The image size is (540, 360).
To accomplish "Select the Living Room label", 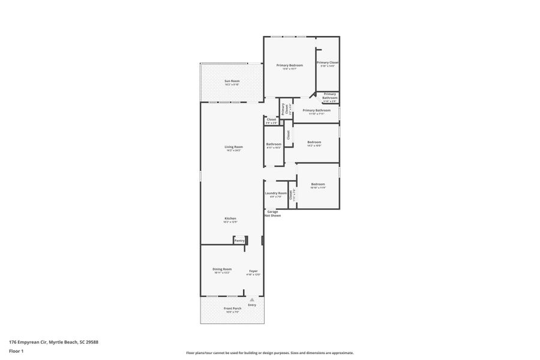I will [x=233, y=148].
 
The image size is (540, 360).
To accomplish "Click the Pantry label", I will [x=239, y=240].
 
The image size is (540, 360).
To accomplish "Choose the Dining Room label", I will [x=222, y=270].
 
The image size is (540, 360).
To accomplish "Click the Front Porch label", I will [x=232, y=310].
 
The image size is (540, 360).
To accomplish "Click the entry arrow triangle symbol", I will [x=252, y=299].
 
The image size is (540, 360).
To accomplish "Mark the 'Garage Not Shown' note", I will [x=273, y=213].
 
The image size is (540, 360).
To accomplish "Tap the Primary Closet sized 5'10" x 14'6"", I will [x=328, y=64].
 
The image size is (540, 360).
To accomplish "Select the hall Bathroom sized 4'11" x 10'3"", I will [x=274, y=145].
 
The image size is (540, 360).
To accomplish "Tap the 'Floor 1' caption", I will [x=16, y=351].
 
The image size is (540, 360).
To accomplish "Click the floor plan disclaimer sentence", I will [x=269, y=353].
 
